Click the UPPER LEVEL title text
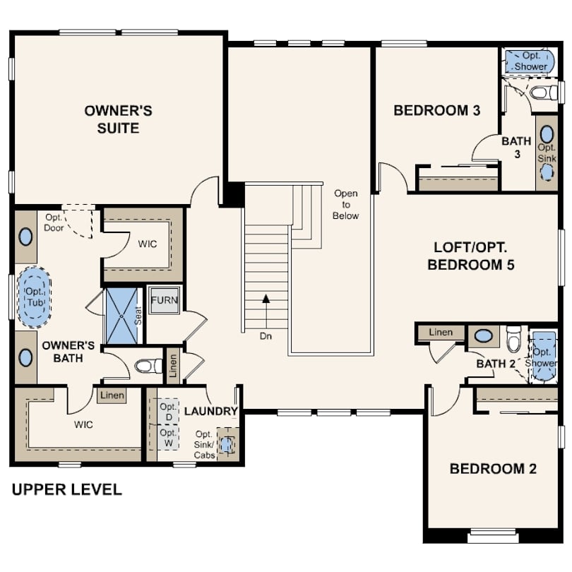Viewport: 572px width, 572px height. (x=67, y=489)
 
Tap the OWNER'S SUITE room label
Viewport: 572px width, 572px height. (x=118, y=119)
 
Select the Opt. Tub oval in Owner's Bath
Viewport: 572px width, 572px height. (x=35, y=297)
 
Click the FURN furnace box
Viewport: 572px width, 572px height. (x=165, y=300)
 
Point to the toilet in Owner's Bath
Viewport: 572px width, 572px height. (x=148, y=366)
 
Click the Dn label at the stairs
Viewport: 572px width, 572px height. (x=266, y=336)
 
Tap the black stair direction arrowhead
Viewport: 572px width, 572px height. (x=266, y=299)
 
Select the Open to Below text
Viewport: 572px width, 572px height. (x=345, y=205)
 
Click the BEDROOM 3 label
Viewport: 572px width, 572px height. (x=436, y=110)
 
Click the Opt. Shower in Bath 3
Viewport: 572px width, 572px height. (x=530, y=61)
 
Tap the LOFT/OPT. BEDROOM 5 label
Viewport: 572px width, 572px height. (x=470, y=256)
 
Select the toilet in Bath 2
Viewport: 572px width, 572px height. (x=514, y=340)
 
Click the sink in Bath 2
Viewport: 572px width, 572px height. (x=483, y=335)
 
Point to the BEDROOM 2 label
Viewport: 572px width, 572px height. (x=493, y=469)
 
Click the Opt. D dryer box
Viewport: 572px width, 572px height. (x=168, y=412)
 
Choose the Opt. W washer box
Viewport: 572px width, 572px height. (x=168, y=438)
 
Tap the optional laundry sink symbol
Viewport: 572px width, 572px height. (x=226, y=445)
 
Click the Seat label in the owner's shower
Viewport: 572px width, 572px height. (x=138, y=316)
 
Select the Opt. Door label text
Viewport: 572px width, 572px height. (x=54, y=222)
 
